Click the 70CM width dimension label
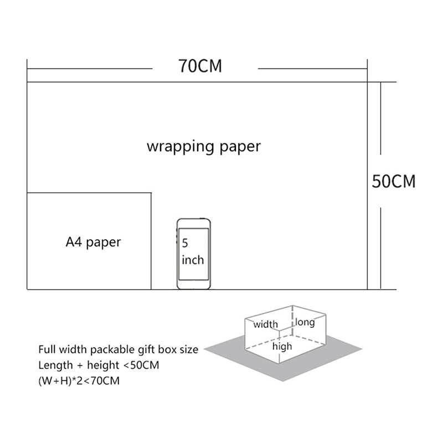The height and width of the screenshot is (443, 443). [200, 66]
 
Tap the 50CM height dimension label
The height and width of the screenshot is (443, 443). [394, 182]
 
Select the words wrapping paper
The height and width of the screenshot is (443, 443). [203, 147]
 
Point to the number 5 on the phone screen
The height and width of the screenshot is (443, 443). [185, 243]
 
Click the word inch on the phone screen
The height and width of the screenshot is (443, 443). [193, 259]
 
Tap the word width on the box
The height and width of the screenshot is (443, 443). [266, 324]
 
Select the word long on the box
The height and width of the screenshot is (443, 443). [305, 322]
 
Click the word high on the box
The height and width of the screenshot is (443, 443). [282, 347]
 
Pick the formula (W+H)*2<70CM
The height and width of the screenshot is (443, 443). [79, 381]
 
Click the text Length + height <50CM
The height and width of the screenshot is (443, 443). [99, 365]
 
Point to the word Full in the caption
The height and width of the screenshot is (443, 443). [46, 350]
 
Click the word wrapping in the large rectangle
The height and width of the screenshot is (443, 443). [174, 147]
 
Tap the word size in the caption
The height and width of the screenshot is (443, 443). [188, 350]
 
